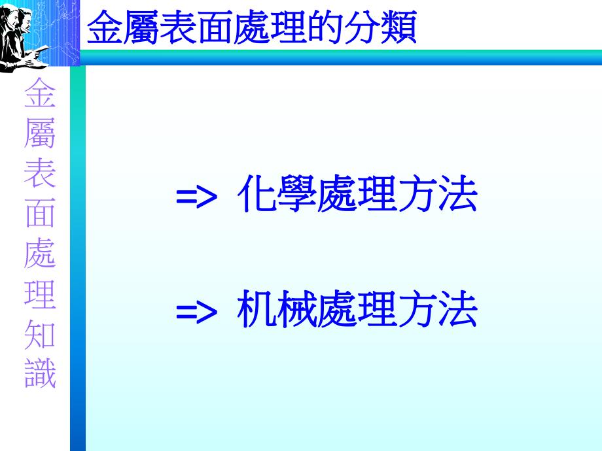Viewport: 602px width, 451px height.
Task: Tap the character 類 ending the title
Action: [x=402, y=28]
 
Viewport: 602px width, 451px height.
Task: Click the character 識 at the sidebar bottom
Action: [x=40, y=373]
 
